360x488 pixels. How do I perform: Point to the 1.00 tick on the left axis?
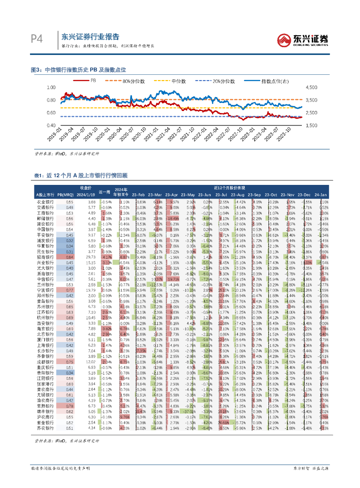point(51,88)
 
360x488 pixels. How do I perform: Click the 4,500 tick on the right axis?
point(311,88)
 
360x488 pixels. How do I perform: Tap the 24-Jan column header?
point(321,195)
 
